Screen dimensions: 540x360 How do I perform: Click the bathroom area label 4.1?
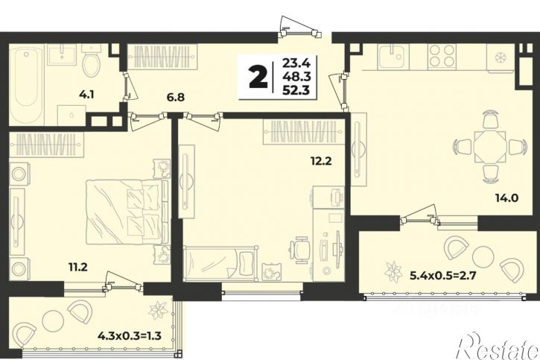coord(86,95)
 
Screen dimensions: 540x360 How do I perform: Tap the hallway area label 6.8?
coord(176,97)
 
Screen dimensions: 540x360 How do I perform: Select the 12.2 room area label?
coord(320,160)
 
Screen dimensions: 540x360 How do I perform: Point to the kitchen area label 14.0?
coord(507,198)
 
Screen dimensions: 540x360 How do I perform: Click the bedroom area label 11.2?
coord(77,266)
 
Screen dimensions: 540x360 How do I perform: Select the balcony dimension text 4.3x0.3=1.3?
coord(130,335)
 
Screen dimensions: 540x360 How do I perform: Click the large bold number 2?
coord(258,78)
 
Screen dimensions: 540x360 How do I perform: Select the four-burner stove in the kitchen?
coord(442,56)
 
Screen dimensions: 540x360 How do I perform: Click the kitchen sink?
coord(392,56)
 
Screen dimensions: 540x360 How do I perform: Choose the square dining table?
coord(489,147)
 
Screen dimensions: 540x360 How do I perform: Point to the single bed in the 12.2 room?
coord(220,263)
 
